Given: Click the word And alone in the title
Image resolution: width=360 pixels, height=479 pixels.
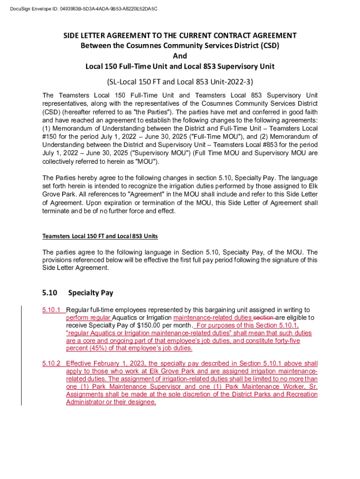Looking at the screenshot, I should coord(180,56).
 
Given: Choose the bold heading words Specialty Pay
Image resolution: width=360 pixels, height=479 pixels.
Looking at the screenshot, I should coord(91,293).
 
